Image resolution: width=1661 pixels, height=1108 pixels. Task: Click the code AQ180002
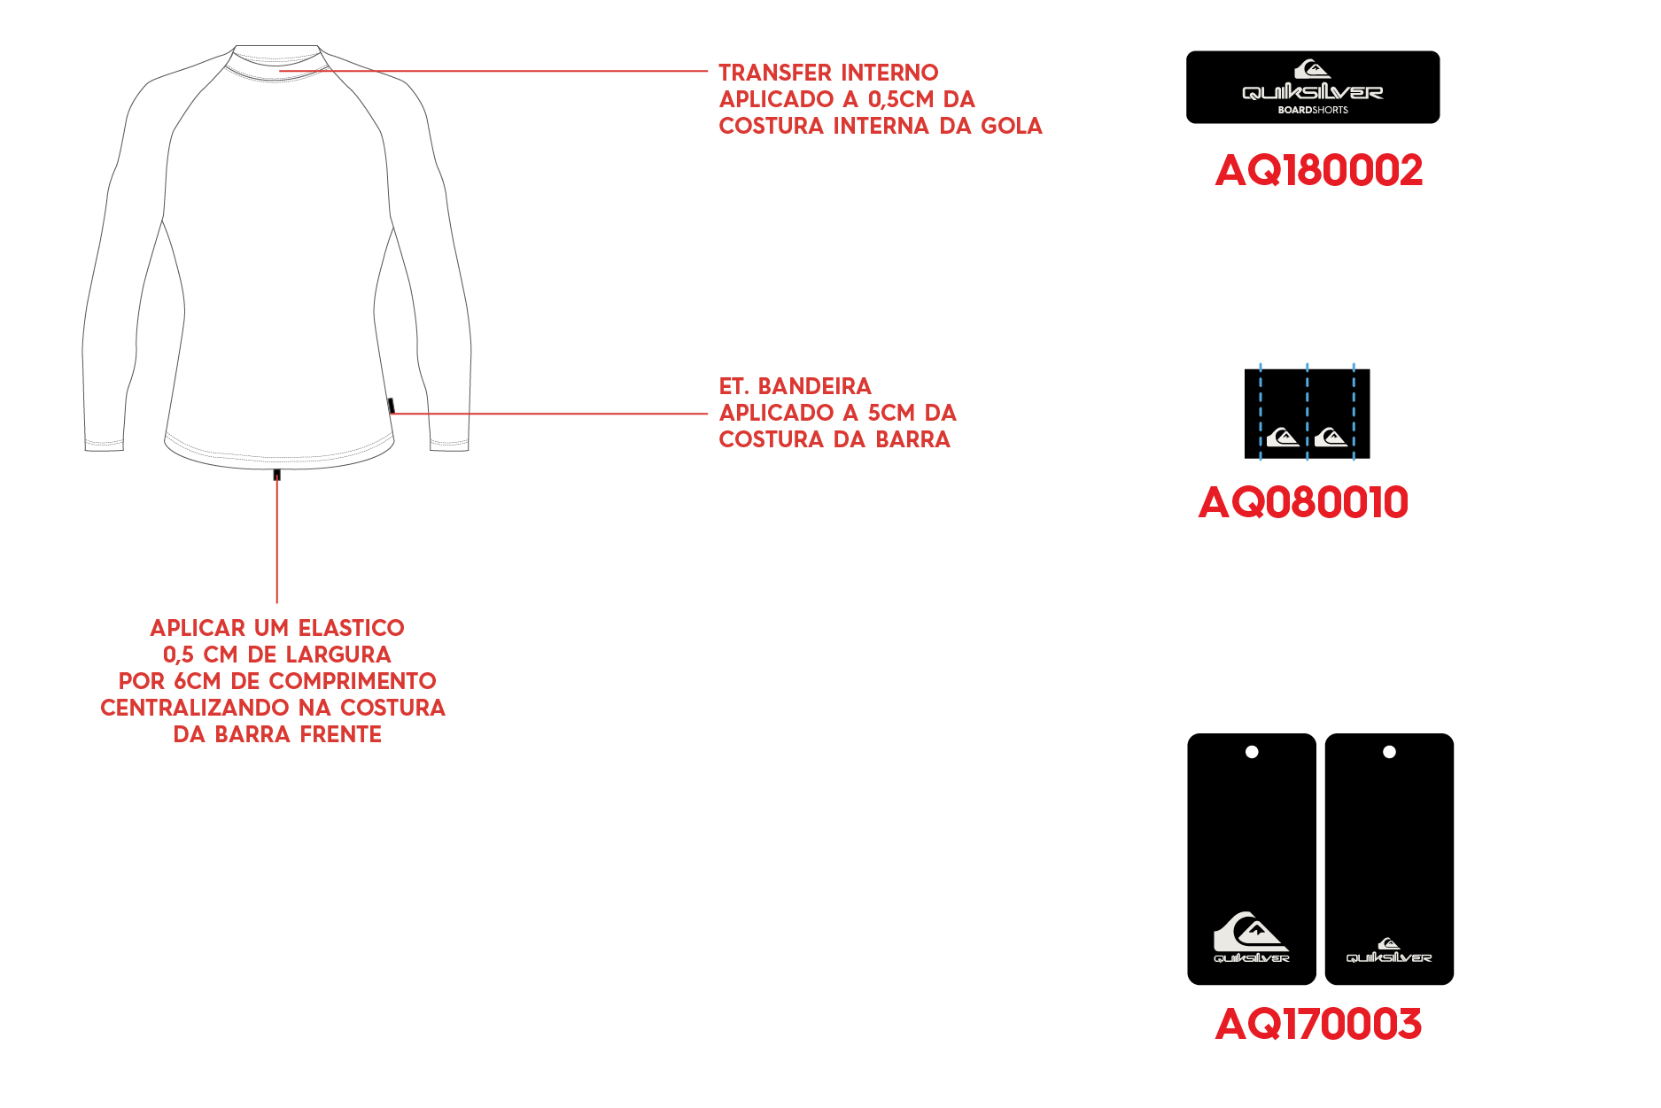1319,170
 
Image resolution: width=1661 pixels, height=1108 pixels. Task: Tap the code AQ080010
1303,502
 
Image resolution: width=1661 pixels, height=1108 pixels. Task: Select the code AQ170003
1318,1024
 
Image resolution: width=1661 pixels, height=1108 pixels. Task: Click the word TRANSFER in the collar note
774,73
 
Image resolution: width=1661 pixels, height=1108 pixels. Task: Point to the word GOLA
1012,126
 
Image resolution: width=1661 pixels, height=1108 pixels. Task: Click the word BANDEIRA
815,386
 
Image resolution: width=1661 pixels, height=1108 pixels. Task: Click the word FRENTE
341,734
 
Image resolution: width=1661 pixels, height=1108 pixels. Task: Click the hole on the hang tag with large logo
1252,752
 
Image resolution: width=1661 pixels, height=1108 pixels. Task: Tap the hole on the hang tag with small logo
1389,752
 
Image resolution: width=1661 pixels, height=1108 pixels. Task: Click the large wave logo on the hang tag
1251,932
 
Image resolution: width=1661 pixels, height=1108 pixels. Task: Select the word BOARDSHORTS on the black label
1313,110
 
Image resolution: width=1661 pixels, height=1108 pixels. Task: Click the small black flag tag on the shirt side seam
391,406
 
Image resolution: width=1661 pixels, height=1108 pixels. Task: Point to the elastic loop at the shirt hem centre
277,475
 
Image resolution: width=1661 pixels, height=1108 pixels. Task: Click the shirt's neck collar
276,64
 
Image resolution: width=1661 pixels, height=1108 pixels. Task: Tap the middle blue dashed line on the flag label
1307,412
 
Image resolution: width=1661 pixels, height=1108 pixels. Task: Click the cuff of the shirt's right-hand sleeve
449,443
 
